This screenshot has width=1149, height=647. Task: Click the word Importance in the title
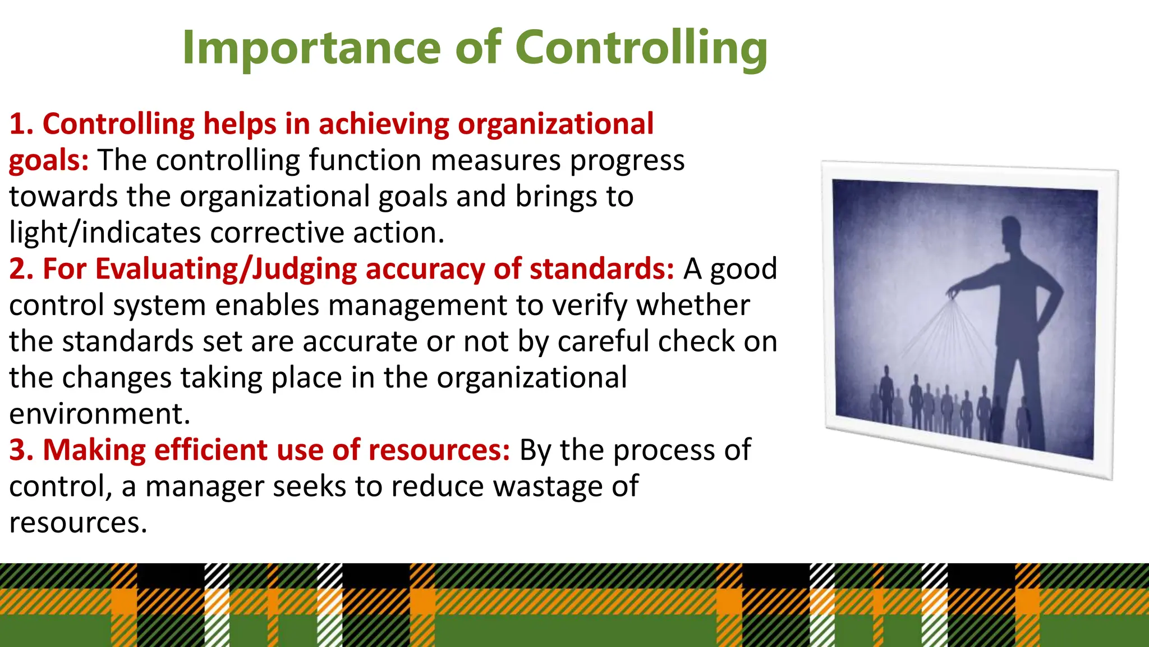tap(311, 48)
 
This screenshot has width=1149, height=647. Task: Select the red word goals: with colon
tap(49, 161)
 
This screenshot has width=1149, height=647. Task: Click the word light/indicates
tap(105, 233)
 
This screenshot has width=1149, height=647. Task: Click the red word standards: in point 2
tap(601, 269)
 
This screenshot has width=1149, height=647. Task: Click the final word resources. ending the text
tap(78, 523)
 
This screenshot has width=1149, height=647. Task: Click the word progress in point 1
tap(627, 161)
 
